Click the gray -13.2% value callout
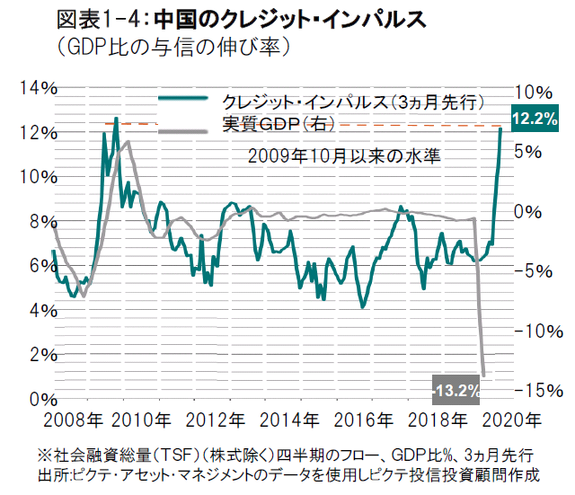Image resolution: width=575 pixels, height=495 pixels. click(456, 390)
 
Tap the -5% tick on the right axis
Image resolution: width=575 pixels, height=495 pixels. click(538, 271)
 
